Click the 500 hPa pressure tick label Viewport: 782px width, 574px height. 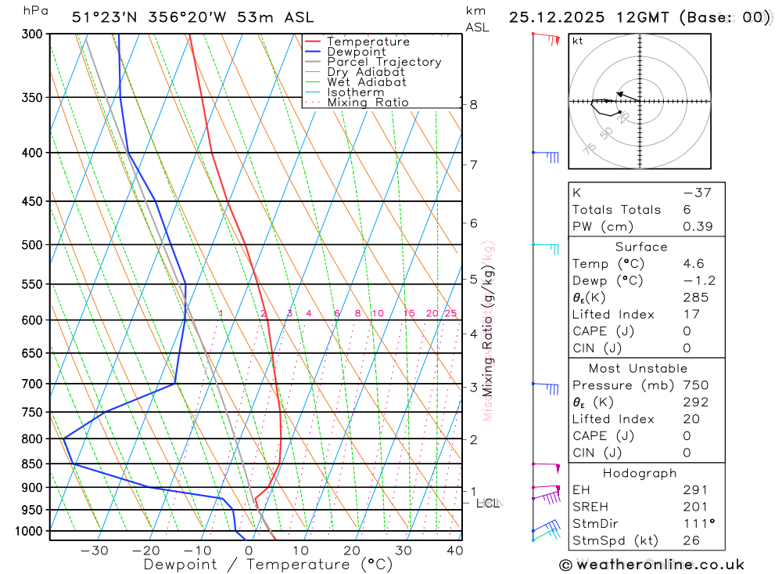(32, 245)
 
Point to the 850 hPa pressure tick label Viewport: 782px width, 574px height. (32, 464)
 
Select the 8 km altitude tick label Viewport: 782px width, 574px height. (474, 104)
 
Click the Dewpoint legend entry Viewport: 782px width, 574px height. (356, 52)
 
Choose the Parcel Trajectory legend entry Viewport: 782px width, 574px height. (384, 62)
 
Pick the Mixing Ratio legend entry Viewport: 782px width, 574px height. (368, 103)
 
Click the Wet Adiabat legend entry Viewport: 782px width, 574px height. (367, 82)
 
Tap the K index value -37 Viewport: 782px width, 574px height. (697, 193)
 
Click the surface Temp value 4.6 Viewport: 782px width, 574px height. (693, 264)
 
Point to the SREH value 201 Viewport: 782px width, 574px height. (694, 507)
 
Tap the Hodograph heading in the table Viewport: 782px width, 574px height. (640, 474)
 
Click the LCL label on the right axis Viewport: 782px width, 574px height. (488, 504)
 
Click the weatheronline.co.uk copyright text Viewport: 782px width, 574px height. (652, 565)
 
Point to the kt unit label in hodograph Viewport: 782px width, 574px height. (578, 40)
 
